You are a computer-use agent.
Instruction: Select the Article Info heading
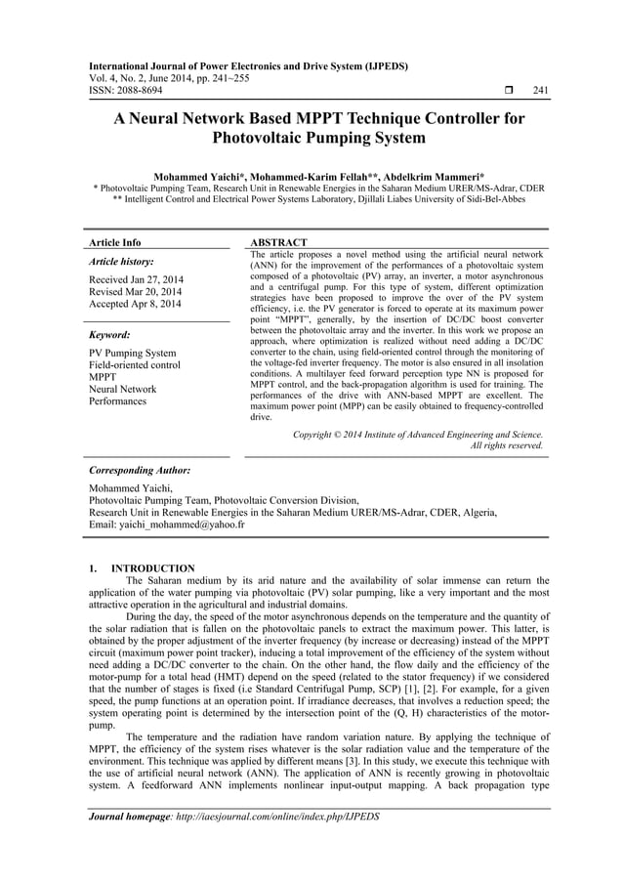(x=115, y=242)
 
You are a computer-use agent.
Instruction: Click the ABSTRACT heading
(x=279, y=242)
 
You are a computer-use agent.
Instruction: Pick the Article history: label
(x=122, y=263)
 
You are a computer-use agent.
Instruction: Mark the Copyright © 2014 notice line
(x=418, y=434)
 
